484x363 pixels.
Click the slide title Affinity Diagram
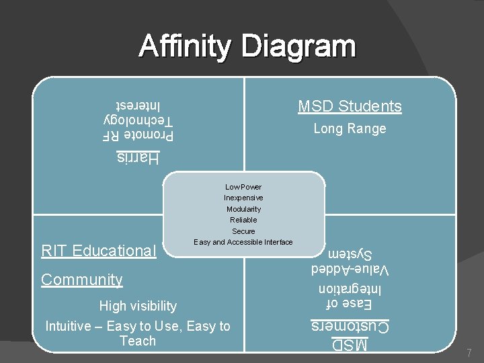(247, 47)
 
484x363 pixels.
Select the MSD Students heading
(350, 106)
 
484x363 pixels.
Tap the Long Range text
(350, 128)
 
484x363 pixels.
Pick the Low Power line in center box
(243, 187)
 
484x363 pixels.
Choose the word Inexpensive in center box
(243, 198)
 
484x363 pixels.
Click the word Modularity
(243, 209)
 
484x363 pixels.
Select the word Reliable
(243, 220)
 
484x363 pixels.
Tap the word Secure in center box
(243, 231)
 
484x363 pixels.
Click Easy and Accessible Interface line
(243, 242)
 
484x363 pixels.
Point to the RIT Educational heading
(98, 251)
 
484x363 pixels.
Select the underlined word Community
(82, 280)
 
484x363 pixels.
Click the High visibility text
(138, 306)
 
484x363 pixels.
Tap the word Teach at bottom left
(138, 341)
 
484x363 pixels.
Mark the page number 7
(468, 353)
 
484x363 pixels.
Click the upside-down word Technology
(139, 120)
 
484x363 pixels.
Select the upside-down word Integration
(350, 288)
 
